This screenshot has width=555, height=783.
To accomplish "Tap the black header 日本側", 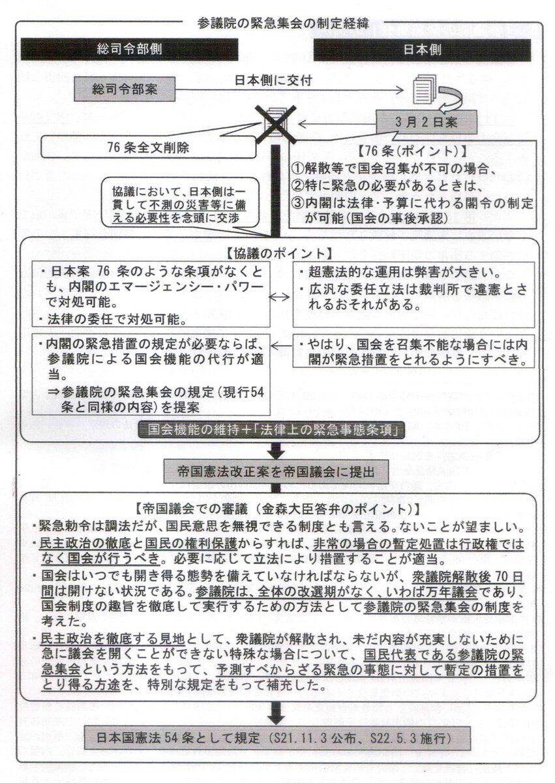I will (x=423, y=49).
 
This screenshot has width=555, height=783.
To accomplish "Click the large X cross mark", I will (x=273, y=126).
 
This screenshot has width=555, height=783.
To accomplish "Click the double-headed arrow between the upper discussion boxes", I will (x=281, y=296).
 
